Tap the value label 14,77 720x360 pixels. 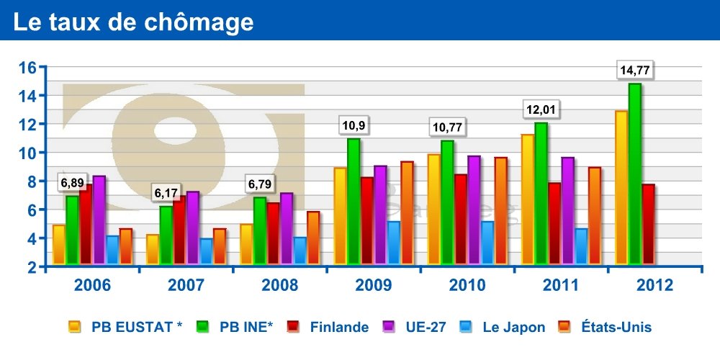[x=637, y=71]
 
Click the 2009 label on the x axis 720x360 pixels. [x=373, y=285]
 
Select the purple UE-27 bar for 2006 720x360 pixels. [x=99, y=220]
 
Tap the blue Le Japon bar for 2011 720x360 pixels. [x=581, y=246]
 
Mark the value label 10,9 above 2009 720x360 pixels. [x=353, y=126]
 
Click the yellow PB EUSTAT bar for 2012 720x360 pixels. [x=621, y=187]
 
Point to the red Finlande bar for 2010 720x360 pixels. [x=461, y=219]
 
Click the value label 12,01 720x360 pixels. [x=541, y=110]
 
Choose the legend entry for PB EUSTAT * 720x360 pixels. [x=126, y=328]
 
